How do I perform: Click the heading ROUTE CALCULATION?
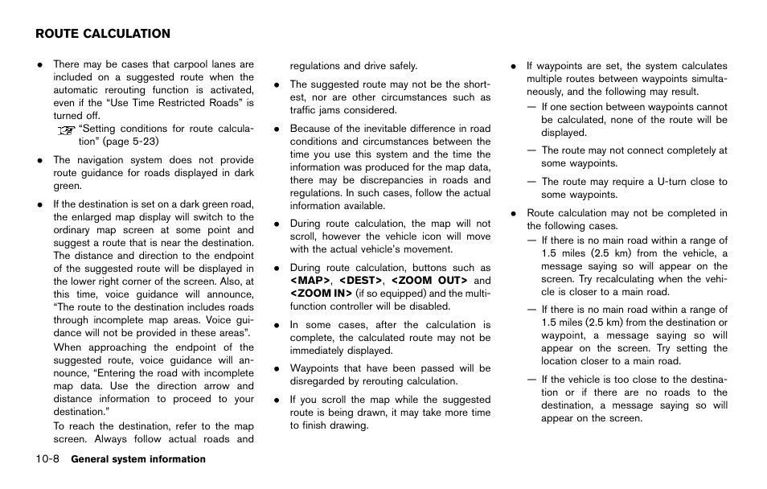103,34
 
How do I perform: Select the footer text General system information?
138,459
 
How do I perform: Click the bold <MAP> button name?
310,281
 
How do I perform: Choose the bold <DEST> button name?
360,281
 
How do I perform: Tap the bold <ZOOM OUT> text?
429,281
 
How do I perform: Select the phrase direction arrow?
167,386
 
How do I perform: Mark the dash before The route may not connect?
531,150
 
